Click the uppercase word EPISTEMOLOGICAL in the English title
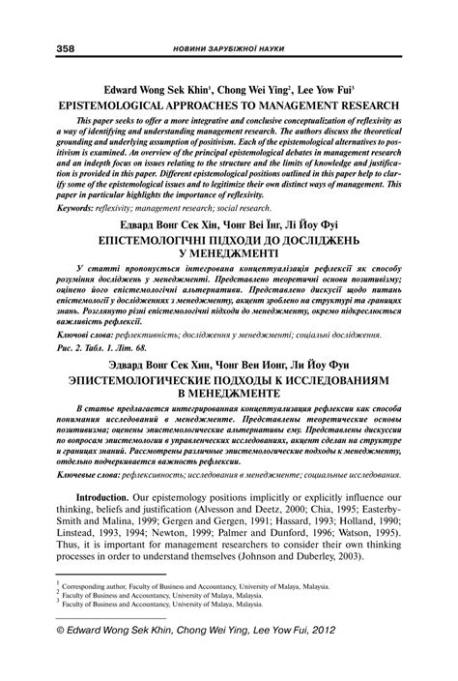coord(128,101)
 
